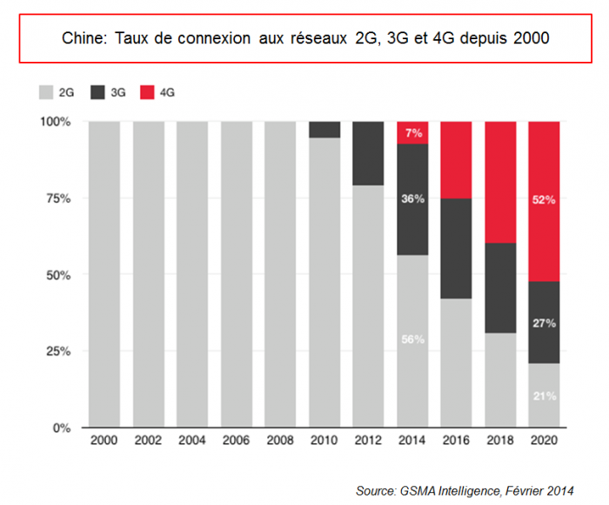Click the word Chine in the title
tap(81, 39)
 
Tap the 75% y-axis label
tap(57, 199)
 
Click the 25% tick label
tap(57, 352)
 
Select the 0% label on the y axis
tap(61, 428)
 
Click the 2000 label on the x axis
tap(104, 442)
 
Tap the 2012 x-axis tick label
tap(368, 442)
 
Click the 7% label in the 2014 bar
tap(412, 133)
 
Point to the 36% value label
tap(412, 199)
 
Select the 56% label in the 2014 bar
tap(412, 340)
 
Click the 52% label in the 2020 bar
tap(545, 199)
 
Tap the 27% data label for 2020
tap(545, 323)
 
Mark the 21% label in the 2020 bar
tap(545, 395)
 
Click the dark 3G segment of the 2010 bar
tap(325, 130)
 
